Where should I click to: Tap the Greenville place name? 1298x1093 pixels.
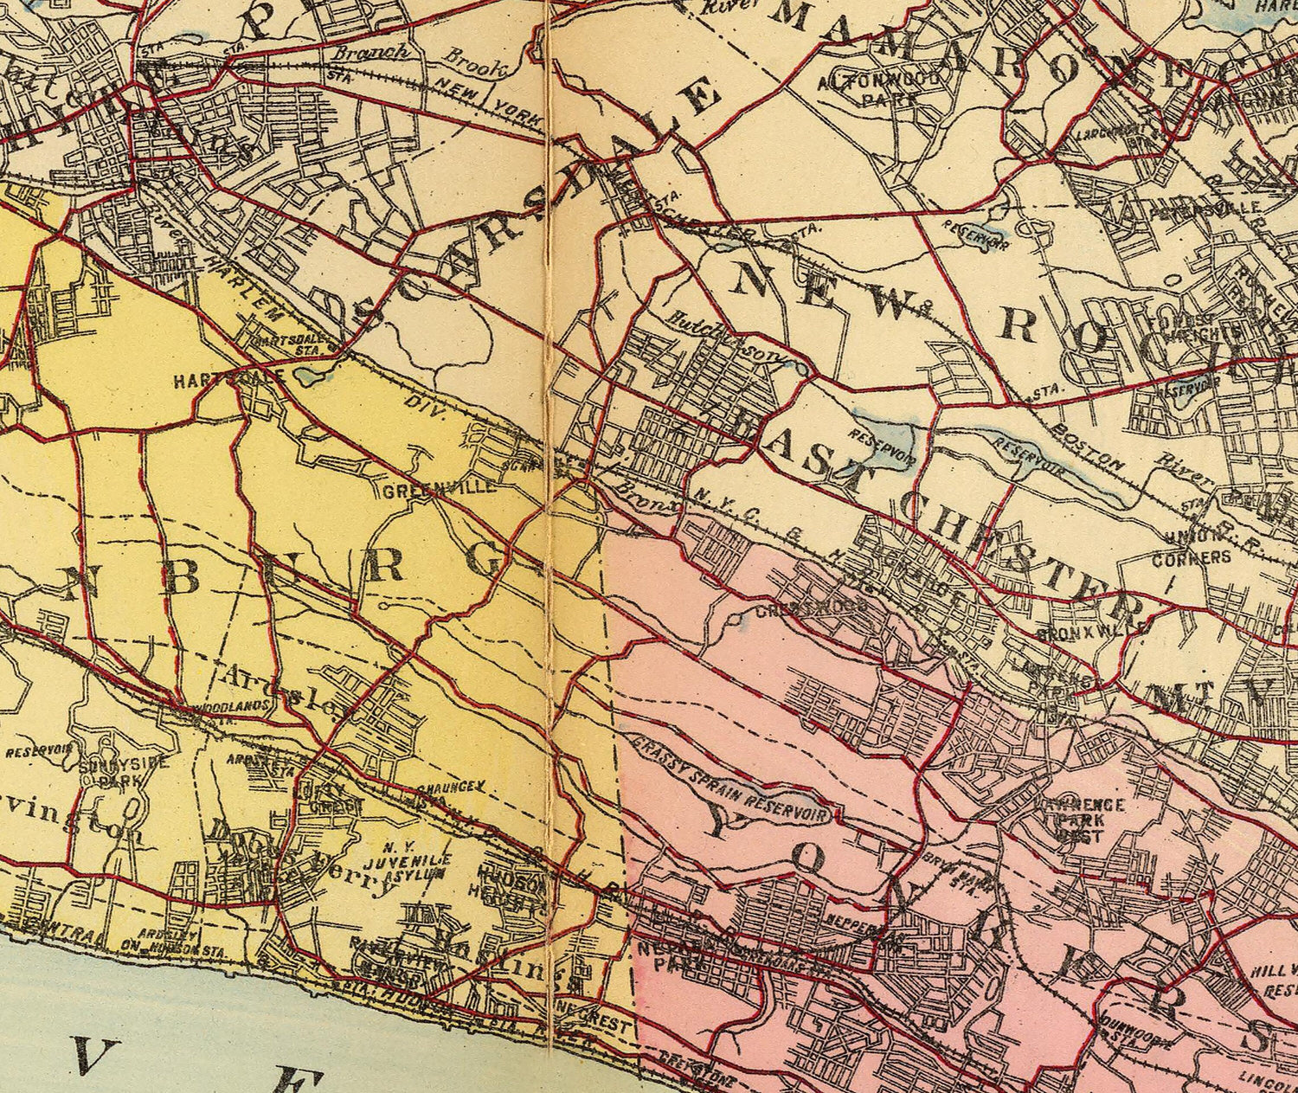(440, 487)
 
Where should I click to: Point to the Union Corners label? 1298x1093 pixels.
(1191, 549)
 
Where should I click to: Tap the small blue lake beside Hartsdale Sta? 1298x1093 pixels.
(311, 377)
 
